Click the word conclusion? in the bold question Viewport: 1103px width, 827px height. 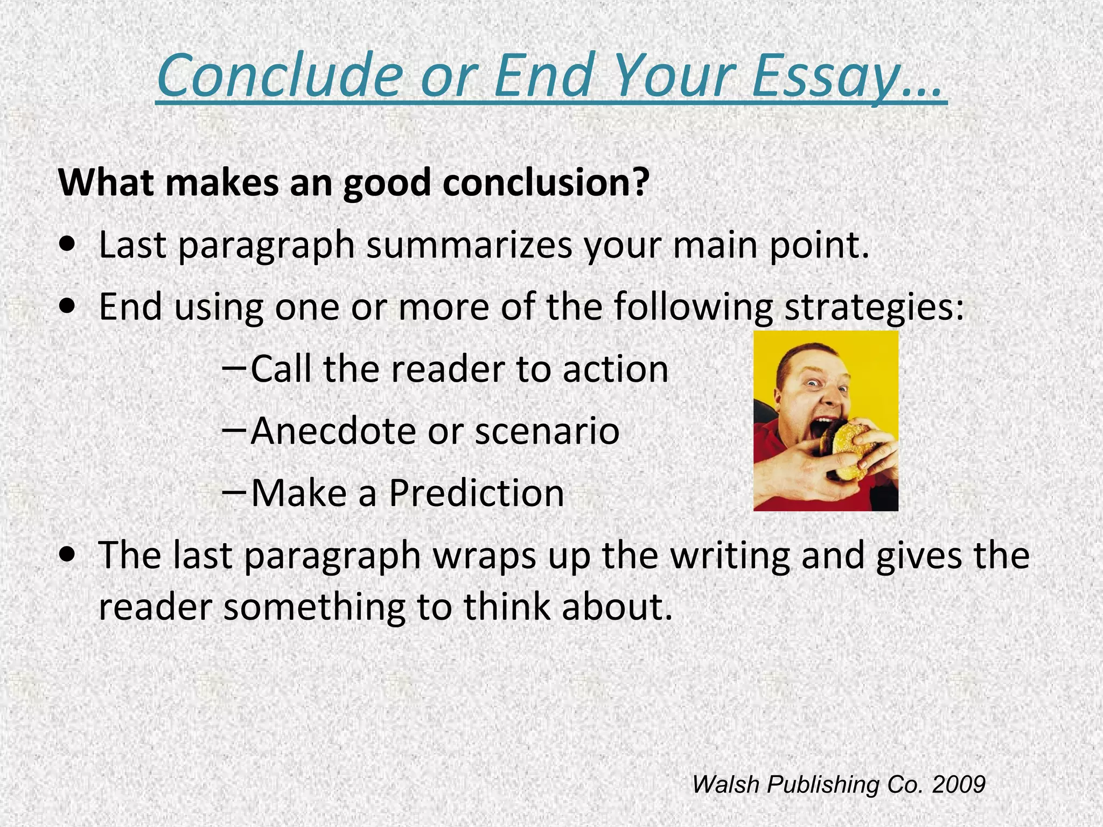coord(546,183)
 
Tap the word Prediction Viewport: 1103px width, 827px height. coord(476,493)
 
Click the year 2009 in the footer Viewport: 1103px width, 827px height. coord(958,784)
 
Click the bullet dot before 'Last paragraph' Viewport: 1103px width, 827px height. coord(68,247)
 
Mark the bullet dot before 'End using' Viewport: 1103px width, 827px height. coord(68,309)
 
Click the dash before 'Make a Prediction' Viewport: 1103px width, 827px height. coord(234,492)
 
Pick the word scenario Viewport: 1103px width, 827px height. coord(547,431)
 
